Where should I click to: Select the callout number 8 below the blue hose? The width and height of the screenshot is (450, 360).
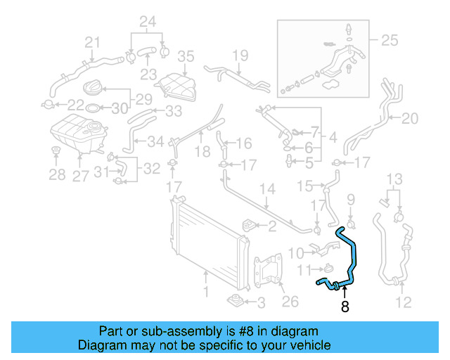tap(345, 306)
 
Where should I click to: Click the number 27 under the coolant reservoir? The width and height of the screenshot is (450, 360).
tap(80, 175)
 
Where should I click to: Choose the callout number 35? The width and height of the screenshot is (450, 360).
tap(185, 56)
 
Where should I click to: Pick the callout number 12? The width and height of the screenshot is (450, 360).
tap(403, 304)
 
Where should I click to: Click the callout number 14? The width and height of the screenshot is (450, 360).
tap(267, 189)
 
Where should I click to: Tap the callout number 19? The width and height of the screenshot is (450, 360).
tap(240, 55)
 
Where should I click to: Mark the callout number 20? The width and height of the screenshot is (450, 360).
tap(409, 117)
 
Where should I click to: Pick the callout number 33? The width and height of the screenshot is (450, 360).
tap(173, 111)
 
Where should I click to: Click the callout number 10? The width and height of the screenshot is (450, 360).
tap(295, 252)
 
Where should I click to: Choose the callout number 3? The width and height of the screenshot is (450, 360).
tap(260, 303)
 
